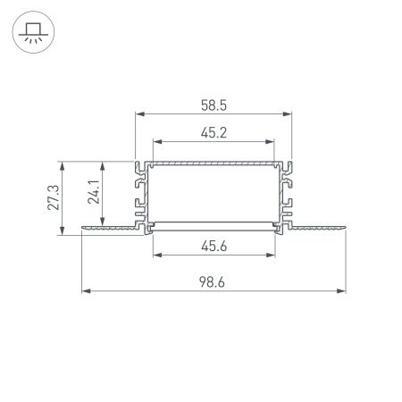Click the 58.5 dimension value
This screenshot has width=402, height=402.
pyautogui.click(x=214, y=105)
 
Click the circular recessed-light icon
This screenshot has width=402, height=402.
pyautogui.click(x=32, y=32)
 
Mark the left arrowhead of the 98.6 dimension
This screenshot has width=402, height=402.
pyautogui.click(x=86, y=290)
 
